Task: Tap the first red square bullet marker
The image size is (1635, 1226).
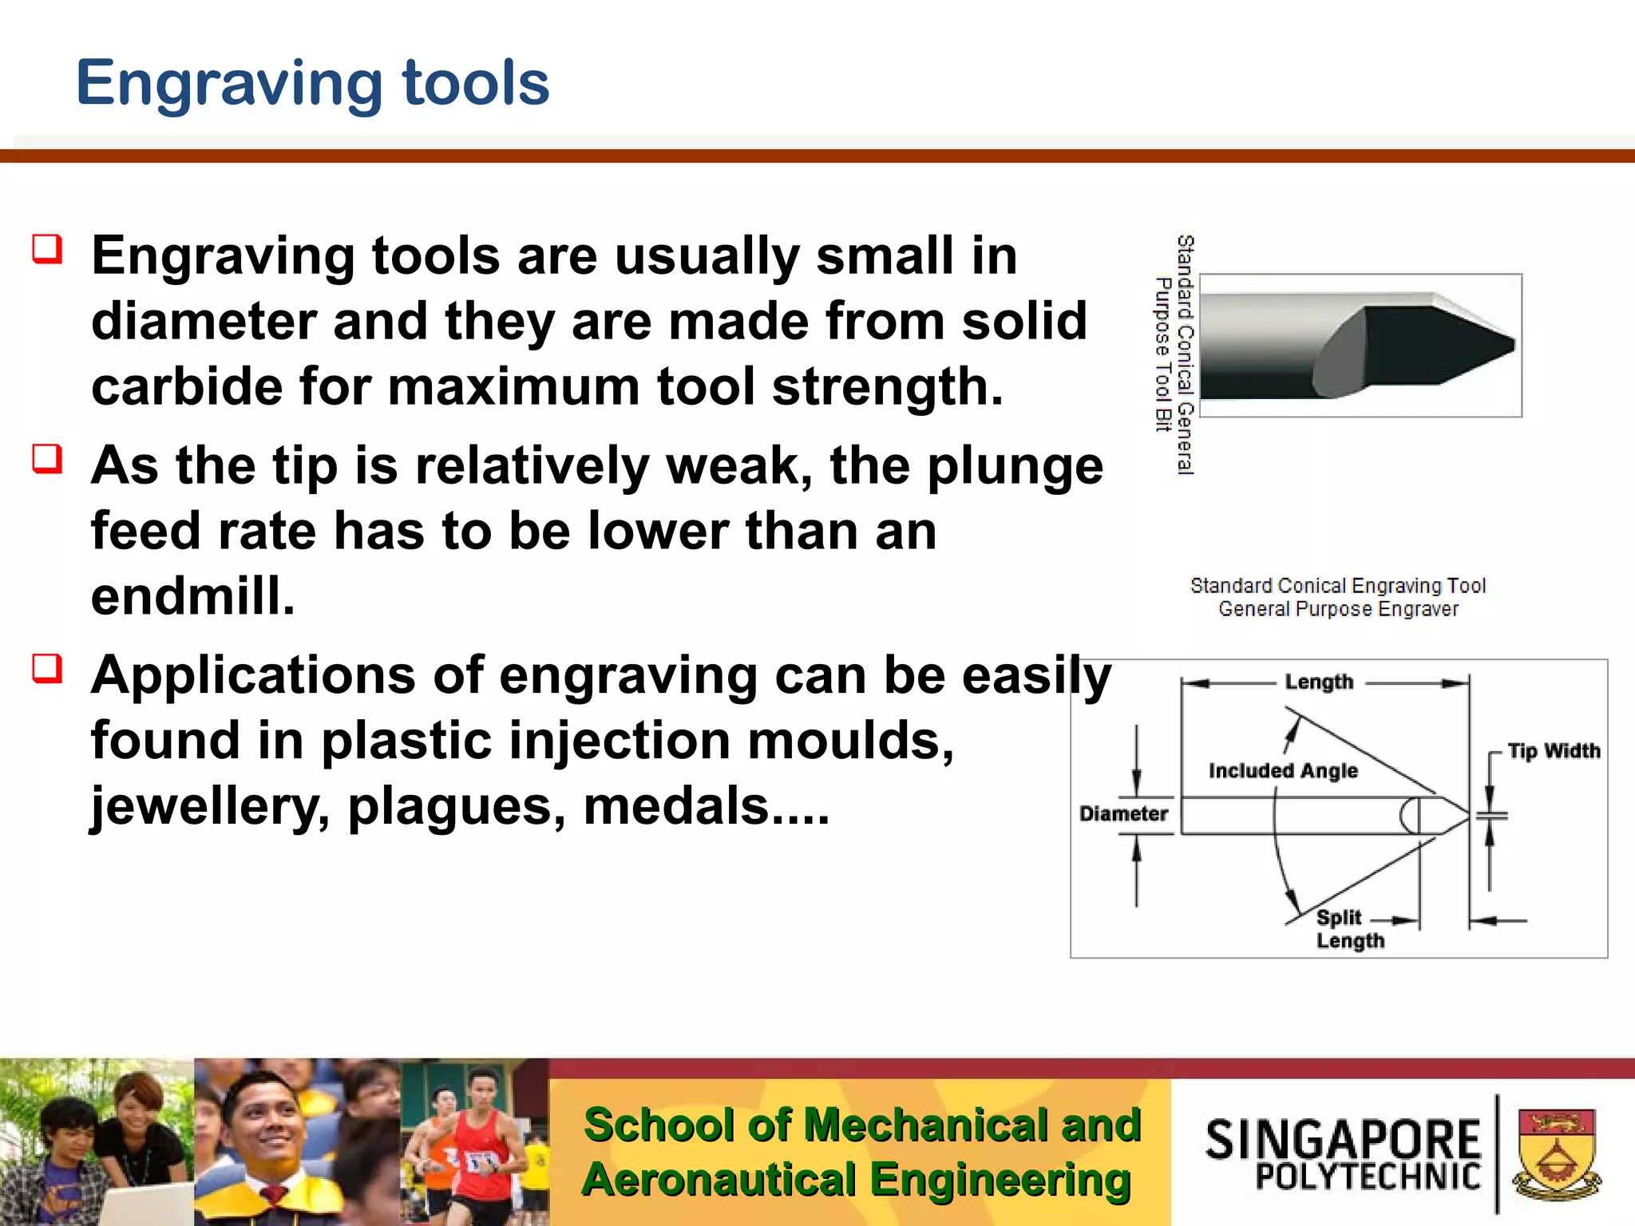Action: coord(47,249)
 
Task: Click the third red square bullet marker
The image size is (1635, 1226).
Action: coord(47,669)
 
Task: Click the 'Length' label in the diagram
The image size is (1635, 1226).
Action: coord(1319,682)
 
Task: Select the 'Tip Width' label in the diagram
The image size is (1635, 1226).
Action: coord(1554,751)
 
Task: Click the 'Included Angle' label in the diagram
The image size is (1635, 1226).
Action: coord(1283,771)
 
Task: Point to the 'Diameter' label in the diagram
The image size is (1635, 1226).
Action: coord(1123,814)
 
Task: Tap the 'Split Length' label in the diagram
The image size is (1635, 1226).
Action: coord(1348,929)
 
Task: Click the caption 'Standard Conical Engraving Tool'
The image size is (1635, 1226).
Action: coord(1338,586)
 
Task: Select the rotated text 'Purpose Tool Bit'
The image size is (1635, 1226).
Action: coord(1163,354)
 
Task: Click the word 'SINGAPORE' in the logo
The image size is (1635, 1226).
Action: coord(1343,1139)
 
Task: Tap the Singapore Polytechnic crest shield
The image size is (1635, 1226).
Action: coord(1556,1153)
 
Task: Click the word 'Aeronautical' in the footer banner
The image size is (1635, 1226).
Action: coord(719,1180)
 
